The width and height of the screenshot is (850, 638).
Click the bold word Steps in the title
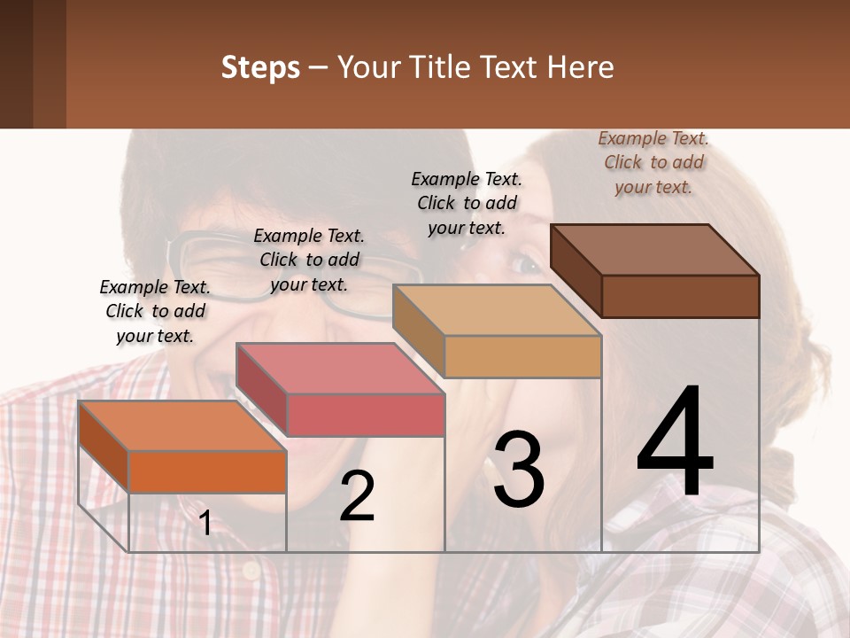click(x=259, y=67)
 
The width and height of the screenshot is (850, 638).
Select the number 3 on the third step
click(x=519, y=470)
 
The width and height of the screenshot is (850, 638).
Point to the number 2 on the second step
click(x=357, y=497)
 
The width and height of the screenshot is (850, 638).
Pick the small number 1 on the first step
click(x=205, y=523)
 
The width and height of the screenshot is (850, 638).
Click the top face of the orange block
click(x=182, y=425)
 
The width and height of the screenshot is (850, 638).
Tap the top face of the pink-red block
click(x=340, y=368)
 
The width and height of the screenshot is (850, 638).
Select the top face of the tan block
click(x=497, y=310)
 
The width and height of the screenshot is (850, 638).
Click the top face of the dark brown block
click(x=654, y=249)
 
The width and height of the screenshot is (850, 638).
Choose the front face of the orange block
click(x=207, y=471)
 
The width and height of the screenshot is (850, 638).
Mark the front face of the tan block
click(x=522, y=356)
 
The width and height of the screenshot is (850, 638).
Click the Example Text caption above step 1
click(x=155, y=311)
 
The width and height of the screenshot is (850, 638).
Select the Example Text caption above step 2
click(x=309, y=260)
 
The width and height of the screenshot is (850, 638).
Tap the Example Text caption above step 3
click(x=467, y=203)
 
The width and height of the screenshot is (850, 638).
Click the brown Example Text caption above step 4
click(x=653, y=162)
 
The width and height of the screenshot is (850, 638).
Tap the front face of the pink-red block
click(x=365, y=415)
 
